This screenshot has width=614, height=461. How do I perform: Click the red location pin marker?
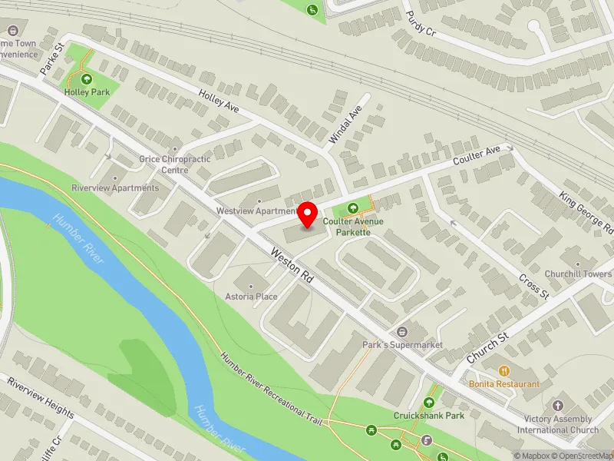[x=308, y=214]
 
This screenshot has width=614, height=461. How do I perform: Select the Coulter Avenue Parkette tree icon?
[x=353, y=207]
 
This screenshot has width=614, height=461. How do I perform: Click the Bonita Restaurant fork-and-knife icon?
[x=504, y=371]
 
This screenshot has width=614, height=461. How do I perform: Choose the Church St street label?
[x=487, y=348]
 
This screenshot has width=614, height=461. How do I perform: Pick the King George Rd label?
[x=587, y=213]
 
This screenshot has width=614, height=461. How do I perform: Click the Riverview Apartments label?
[x=115, y=187]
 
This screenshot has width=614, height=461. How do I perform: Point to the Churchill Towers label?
[x=587, y=274]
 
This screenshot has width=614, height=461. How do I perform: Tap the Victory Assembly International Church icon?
[x=558, y=405]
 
